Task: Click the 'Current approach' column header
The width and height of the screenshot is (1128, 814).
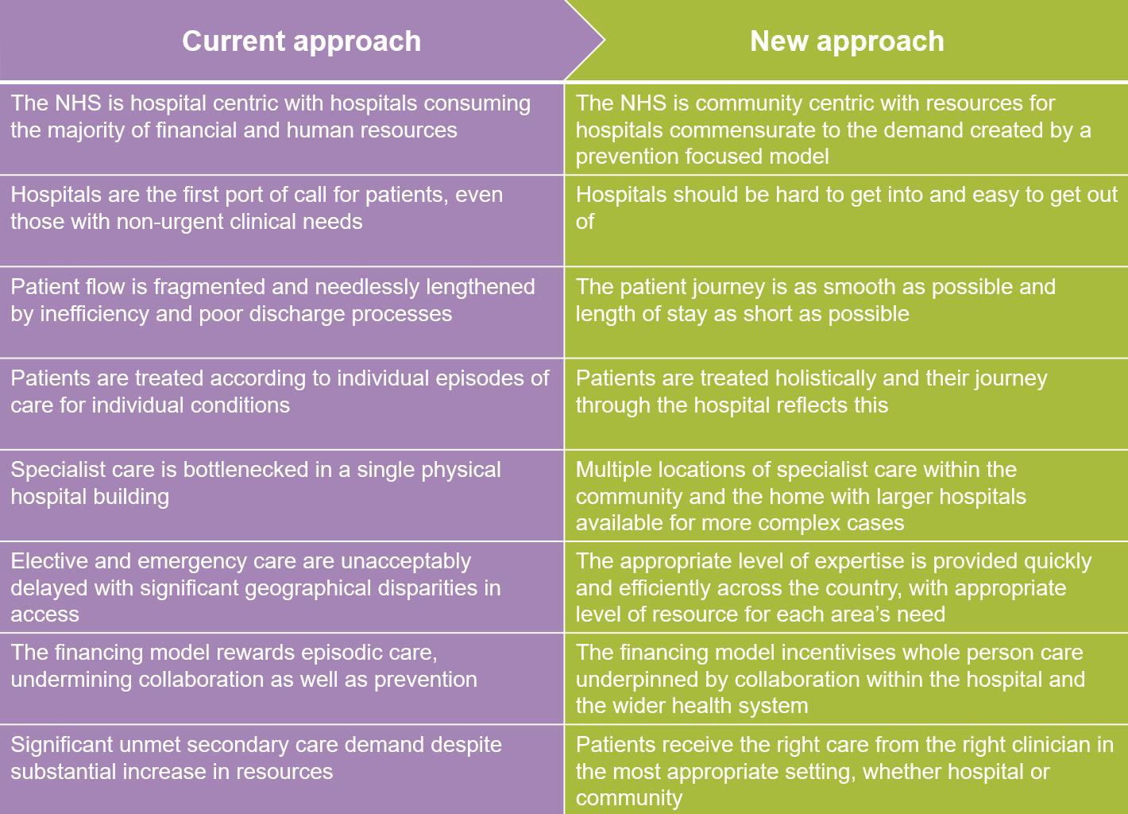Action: tap(301, 41)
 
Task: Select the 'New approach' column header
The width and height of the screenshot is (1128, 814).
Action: tap(847, 41)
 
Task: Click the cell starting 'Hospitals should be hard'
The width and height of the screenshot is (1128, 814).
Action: tap(846, 208)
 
